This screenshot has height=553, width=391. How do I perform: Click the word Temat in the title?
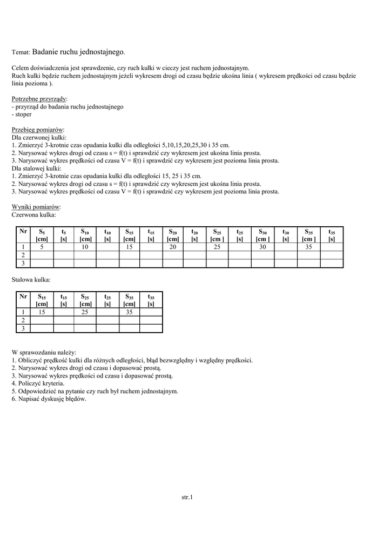(21, 53)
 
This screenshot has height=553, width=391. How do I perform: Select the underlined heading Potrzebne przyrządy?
(39, 99)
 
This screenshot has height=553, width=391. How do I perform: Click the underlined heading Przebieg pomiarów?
(38, 130)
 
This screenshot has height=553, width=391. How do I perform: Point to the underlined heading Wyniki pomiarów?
(36, 207)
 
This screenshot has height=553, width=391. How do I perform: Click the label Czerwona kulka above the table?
(33, 214)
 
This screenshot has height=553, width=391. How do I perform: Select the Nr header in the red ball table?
(23, 231)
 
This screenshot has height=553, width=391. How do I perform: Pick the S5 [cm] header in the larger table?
(42, 235)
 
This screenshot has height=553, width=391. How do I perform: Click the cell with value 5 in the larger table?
(42, 247)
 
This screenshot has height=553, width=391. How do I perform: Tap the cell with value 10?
(85, 247)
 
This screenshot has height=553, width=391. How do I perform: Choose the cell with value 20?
(173, 247)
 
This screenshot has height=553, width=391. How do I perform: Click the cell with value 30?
(262, 247)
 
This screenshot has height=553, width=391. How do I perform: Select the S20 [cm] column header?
(173, 235)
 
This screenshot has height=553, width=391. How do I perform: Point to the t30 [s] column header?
(286, 235)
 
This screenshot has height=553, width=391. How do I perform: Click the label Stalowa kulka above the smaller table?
(31, 280)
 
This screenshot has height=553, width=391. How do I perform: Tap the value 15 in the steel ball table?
(42, 312)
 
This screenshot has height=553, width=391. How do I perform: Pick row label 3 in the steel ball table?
(23, 328)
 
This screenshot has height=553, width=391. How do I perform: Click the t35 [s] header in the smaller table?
(151, 300)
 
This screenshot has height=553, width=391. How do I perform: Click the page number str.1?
(187, 497)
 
